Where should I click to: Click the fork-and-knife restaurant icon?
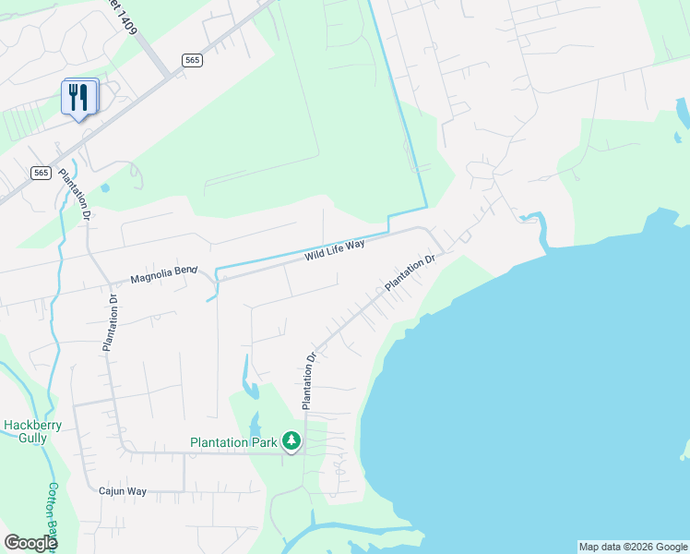click(78, 96)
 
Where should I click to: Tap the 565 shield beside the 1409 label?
click(192, 60)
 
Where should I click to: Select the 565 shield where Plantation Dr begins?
click(41, 173)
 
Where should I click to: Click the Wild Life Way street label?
click(335, 249)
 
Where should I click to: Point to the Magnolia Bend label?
click(163, 274)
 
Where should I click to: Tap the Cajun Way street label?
click(123, 491)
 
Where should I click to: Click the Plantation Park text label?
click(233, 442)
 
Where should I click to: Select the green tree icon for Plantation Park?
click(291, 442)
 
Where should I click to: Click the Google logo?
click(30, 543)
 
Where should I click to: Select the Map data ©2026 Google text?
click(633, 547)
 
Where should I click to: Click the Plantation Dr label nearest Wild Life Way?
click(410, 274)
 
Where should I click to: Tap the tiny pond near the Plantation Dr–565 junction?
click(105, 188)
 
